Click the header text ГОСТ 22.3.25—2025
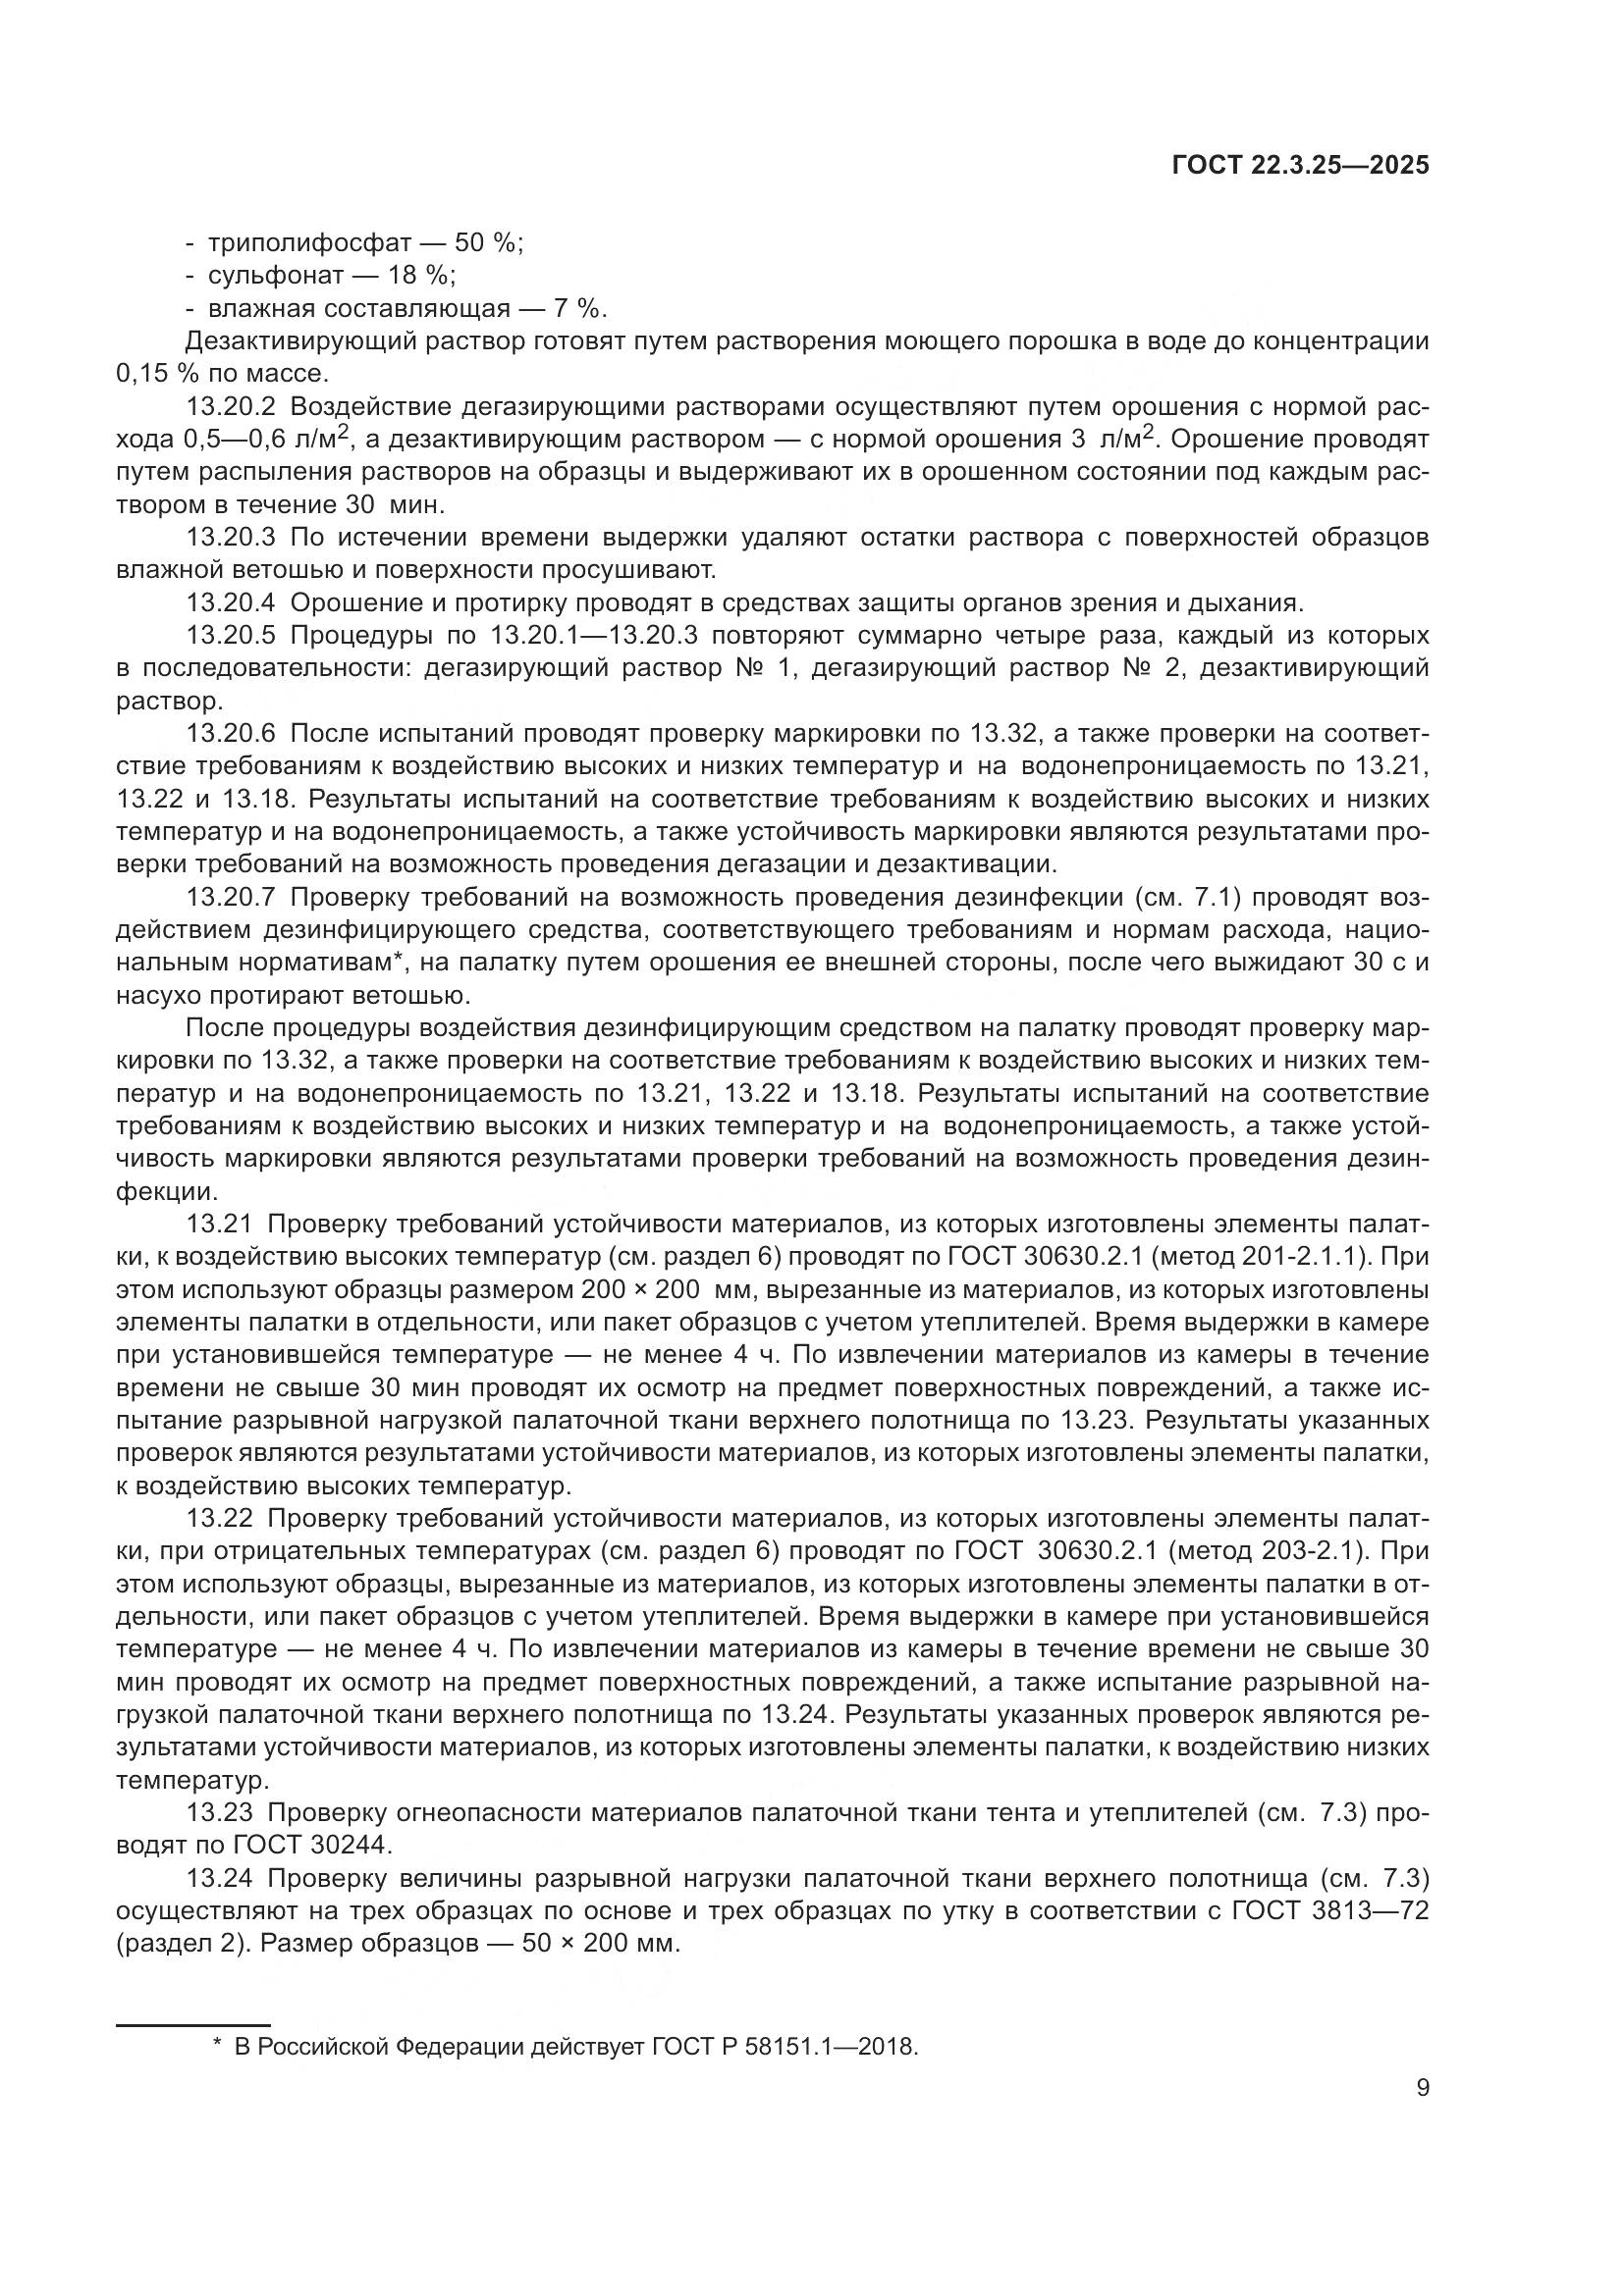[x=1300, y=166]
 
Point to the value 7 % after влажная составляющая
[x=580, y=309]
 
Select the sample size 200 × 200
[x=640, y=1289]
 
